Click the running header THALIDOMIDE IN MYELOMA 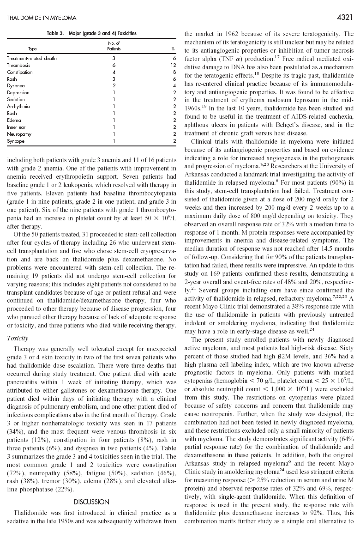[42, 18]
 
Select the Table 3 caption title [91, 33]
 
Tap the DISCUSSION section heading [91, 502]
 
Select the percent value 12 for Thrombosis [173, 66]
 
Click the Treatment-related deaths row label [32, 59]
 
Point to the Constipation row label [19, 73]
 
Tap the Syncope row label [16, 141]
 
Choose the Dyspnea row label [16, 86]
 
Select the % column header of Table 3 [173, 48]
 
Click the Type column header [32, 48]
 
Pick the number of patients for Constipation [114, 73]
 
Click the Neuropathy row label [18, 134]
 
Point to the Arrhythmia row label [18, 107]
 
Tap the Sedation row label [16, 100]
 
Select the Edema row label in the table [15, 121]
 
